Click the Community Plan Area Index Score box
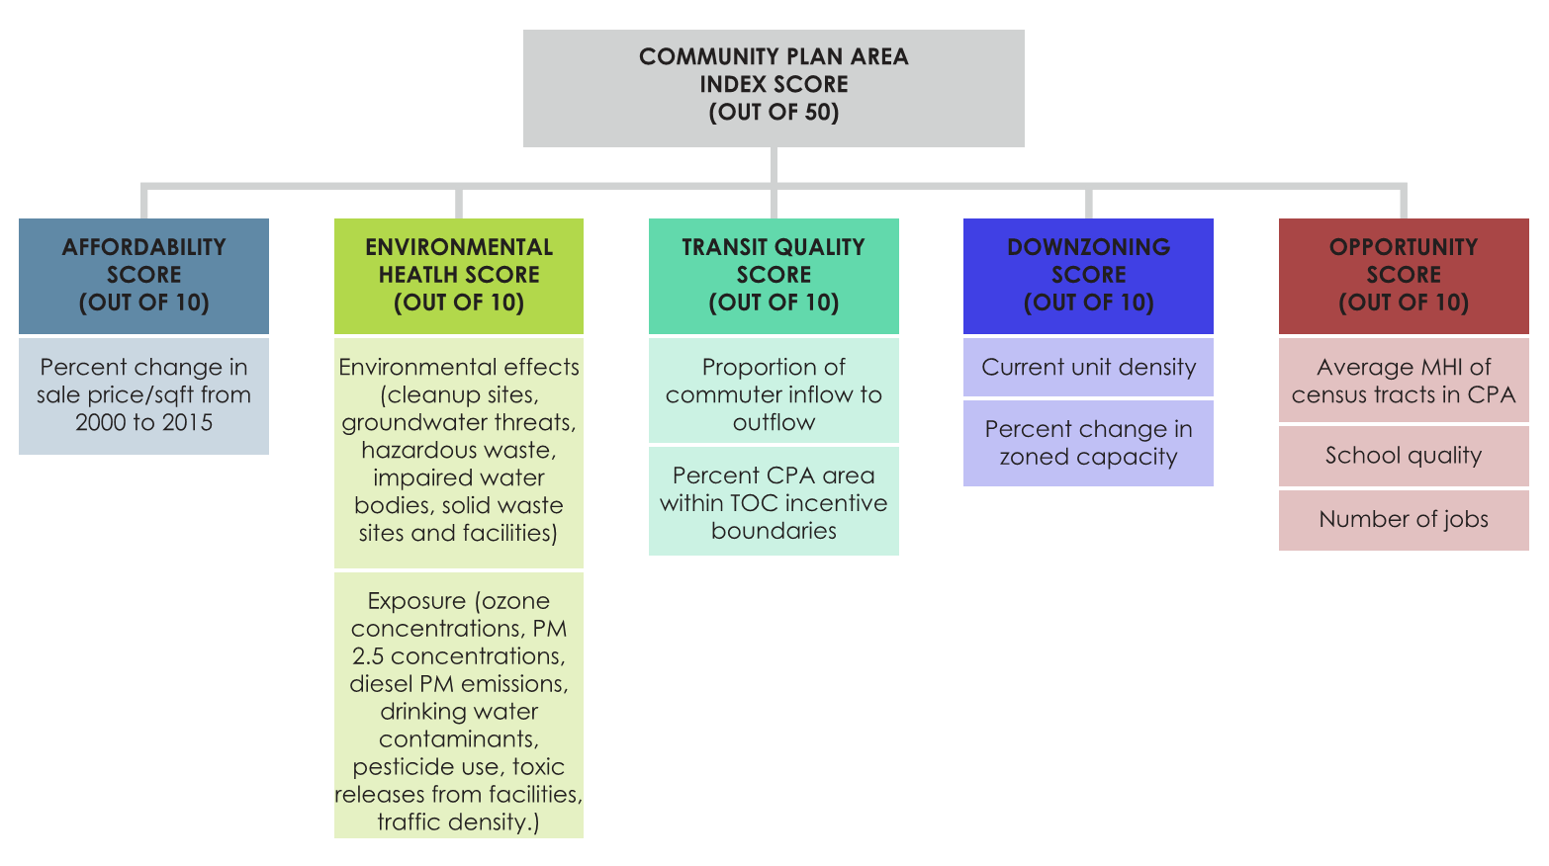click(x=774, y=88)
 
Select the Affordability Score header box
click(x=143, y=275)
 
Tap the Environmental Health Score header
click(x=459, y=275)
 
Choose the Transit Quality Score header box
click(x=774, y=275)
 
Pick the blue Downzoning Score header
click(x=1088, y=275)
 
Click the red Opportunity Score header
click(x=1404, y=275)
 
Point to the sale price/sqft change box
click(x=143, y=395)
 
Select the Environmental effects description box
click(x=459, y=452)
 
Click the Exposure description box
click(x=459, y=705)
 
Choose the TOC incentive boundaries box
click(x=774, y=501)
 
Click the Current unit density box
click(x=1088, y=368)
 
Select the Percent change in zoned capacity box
click(x=1088, y=443)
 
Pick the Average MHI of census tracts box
click(x=1404, y=381)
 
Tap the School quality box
click(x=1404, y=456)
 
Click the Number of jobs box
click(x=1404, y=520)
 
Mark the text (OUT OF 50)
click(x=774, y=113)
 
